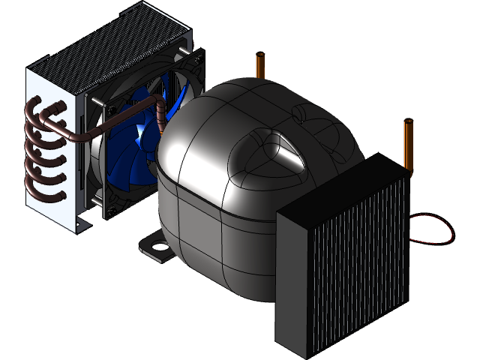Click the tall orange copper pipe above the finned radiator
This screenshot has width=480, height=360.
point(409,142)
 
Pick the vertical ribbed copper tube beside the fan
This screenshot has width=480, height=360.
point(161,120)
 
